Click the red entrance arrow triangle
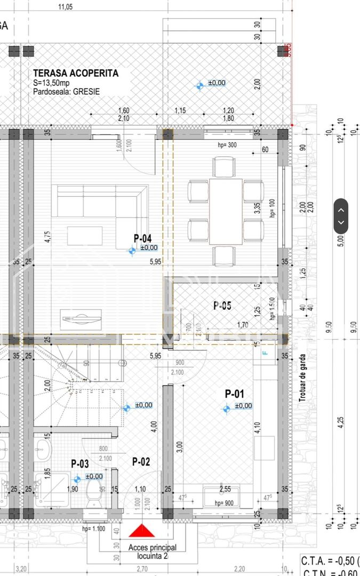pos(142,531)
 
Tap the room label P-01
pos(234,394)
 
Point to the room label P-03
pos(80,464)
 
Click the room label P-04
pos(142,238)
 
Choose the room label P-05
pos(222,306)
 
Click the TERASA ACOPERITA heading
pos(75,74)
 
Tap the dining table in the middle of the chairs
pos(226,211)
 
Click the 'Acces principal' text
pos(152,547)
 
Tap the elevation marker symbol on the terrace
pos(199,85)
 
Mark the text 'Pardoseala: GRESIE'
pos(66,92)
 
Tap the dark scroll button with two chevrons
pos(341,216)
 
